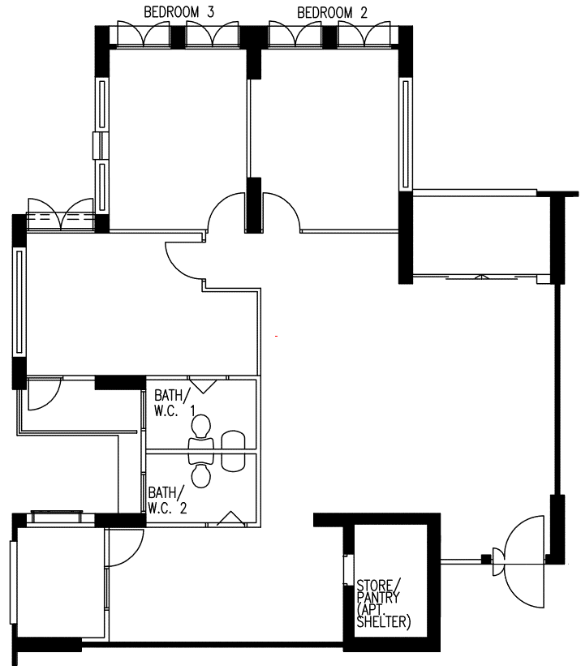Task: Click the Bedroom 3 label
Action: click(179, 12)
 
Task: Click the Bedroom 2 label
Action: click(332, 13)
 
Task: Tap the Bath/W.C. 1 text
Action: click(174, 402)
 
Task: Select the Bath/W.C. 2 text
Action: click(168, 500)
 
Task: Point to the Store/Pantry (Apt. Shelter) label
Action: click(383, 603)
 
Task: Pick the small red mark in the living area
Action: click(277, 337)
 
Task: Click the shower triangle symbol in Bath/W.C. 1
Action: click(203, 385)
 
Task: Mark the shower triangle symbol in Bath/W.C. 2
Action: click(231, 518)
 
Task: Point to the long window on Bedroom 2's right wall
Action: click(406, 133)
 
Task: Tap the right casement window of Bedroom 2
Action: click(364, 34)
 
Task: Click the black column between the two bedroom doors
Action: click(253, 205)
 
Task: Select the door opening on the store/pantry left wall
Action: click(349, 570)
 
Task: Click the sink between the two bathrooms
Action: click(234, 451)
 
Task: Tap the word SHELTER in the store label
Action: click(383, 622)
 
